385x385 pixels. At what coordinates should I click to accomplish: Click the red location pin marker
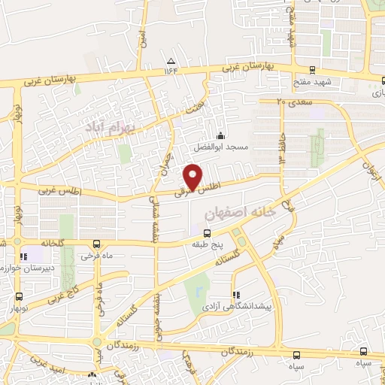192,177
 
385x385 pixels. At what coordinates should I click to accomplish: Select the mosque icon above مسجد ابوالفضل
220,135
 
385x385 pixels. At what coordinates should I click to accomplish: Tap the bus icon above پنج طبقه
208,233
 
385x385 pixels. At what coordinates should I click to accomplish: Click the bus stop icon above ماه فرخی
97,244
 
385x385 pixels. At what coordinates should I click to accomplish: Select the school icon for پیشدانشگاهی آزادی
237,295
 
